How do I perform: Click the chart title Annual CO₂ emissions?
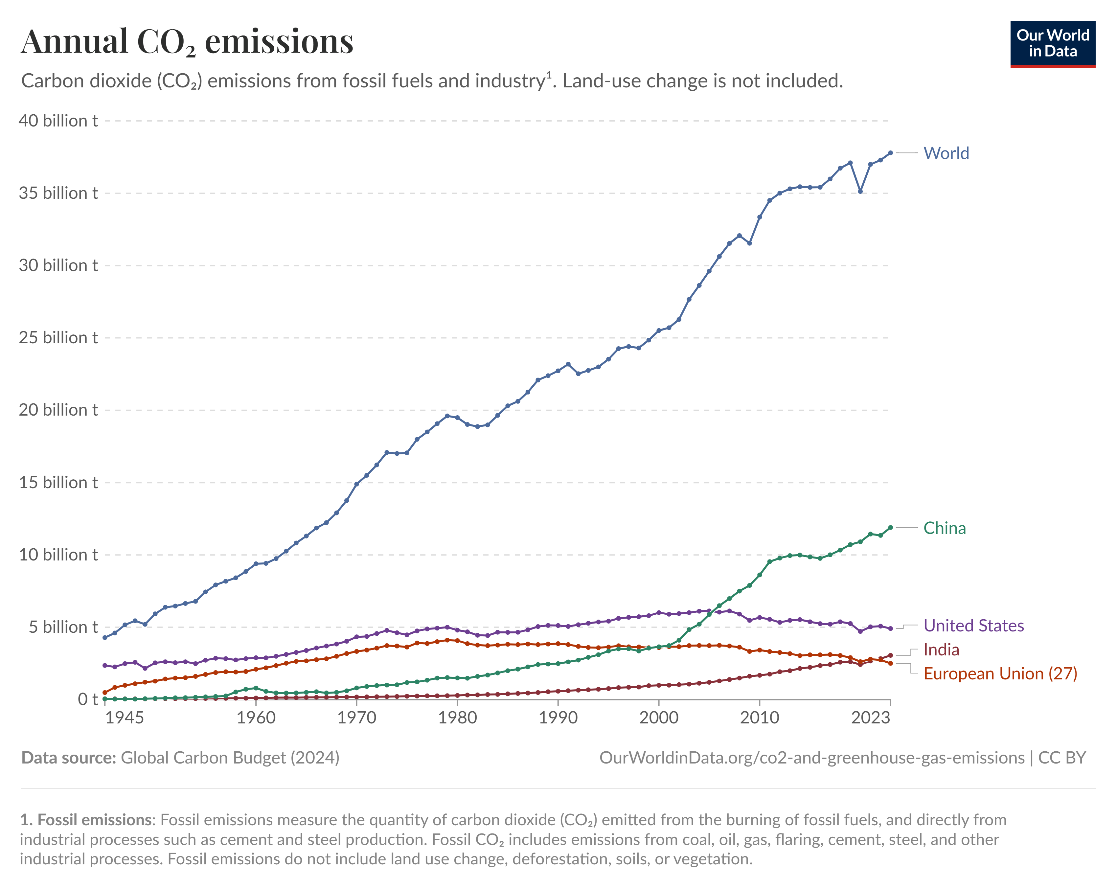coord(187,41)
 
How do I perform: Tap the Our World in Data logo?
coord(1052,44)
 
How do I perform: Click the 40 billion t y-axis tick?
coord(58,121)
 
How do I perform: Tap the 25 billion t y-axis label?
coord(58,338)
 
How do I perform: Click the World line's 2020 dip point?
coord(860,191)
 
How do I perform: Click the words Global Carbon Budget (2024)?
coord(230,758)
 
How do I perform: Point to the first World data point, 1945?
coord(105,638)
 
